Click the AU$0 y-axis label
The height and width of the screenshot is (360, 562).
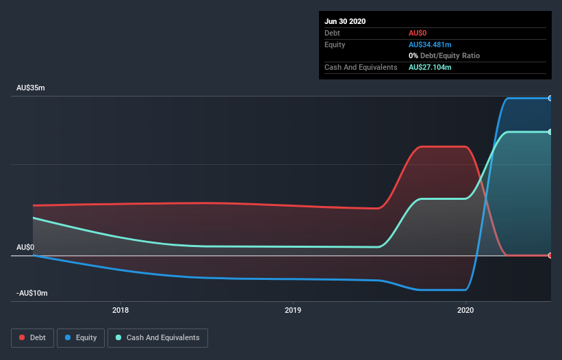25,247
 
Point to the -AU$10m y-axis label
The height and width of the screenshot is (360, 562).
33,293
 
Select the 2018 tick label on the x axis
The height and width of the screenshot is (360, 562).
120,310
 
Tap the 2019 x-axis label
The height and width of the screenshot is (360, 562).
293,310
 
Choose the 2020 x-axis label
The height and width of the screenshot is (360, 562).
465,310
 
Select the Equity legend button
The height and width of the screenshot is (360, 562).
81,337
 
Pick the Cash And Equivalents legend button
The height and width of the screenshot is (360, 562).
157,337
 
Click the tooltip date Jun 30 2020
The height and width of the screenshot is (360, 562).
345,21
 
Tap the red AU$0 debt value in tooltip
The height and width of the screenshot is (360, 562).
419,33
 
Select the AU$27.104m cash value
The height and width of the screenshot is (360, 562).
430,67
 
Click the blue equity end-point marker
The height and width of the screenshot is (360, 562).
550,99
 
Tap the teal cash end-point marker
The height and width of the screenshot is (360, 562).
550,131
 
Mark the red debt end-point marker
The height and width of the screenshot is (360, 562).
550,255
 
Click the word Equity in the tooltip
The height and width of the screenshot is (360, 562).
335,44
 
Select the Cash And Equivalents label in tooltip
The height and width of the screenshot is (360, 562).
361,67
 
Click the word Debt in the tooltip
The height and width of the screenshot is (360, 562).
332,33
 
